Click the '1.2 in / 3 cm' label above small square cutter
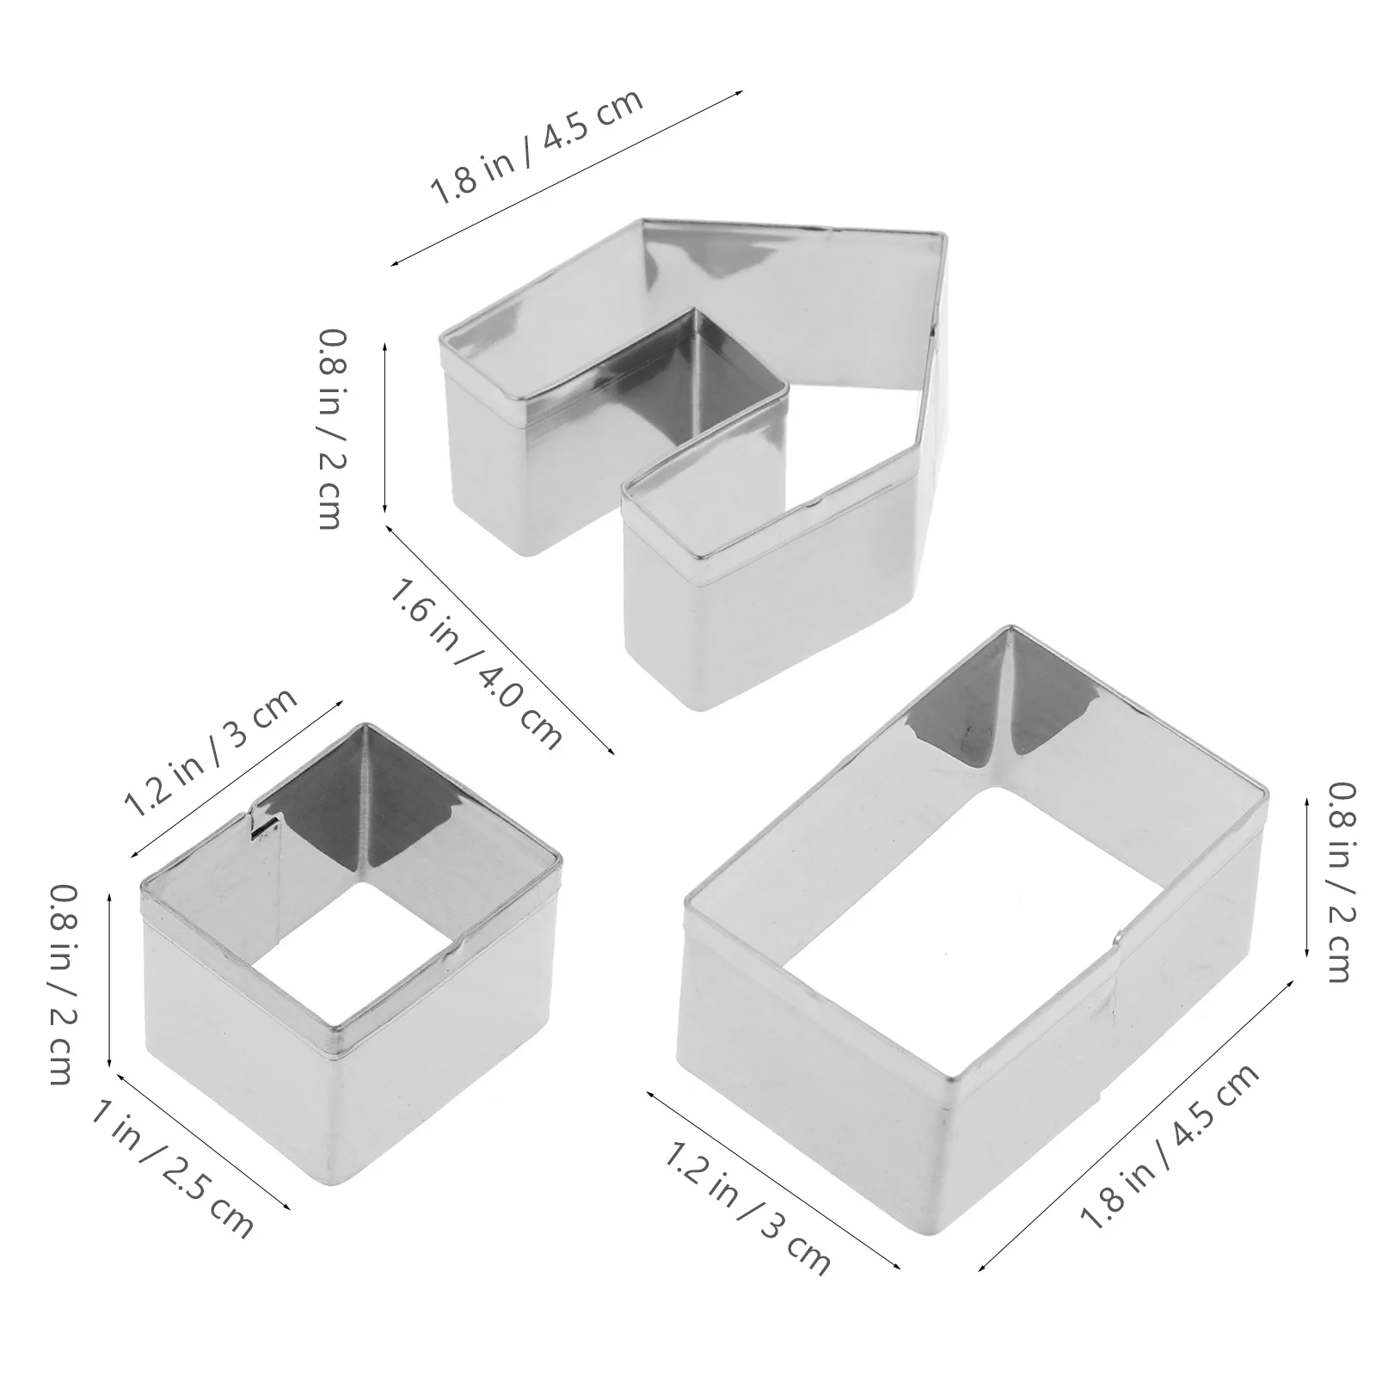pyautogui.click(x=212, y=754)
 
